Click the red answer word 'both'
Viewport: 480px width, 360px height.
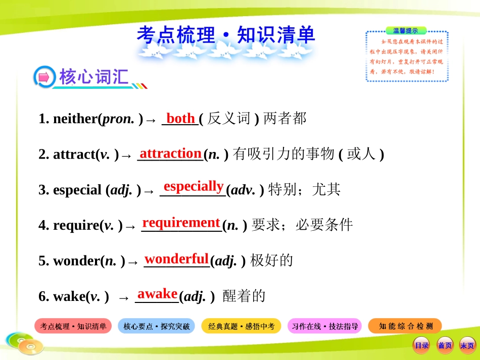(x=180, y=119)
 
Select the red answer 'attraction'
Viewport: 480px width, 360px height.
(x=170, y=153)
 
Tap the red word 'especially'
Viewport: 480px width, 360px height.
(x=194, y=186)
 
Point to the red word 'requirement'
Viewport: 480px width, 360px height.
(x=181, y=223)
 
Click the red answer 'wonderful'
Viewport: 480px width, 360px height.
(x=176, y=259)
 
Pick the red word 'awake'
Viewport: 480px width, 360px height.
(x=157, y=294)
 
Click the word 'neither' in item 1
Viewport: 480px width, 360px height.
(x=75, y=119)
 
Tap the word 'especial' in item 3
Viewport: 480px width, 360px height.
(x=77, y=190)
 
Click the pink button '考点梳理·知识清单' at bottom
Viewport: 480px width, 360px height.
(x=73, y=326)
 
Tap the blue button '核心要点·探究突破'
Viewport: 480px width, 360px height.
(x=157, y=326)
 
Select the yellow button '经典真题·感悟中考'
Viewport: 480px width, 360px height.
(x=241, y=326)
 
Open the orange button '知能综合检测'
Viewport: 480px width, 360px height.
(x=405, y=326)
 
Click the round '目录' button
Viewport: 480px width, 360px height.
(x=421, y=345)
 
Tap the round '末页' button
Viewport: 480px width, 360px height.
(x=467, y=345)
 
